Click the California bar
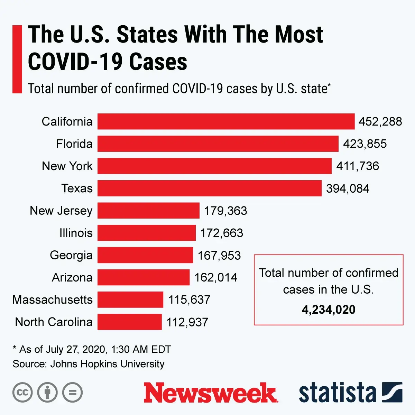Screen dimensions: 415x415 (226, 121)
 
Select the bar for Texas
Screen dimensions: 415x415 (209, 188)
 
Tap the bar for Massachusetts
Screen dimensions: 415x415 (130, 299)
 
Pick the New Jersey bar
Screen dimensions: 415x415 (148, 210)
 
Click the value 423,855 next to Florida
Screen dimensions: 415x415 (365, 144)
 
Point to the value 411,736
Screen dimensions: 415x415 (358, 166)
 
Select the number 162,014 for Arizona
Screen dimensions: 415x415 (215, 277)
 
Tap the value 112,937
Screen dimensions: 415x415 (187, 322)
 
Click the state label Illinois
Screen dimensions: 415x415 (76, 233)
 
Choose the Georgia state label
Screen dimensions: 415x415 (71, 255)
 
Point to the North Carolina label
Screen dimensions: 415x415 (54, 322)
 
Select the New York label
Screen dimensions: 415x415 (67, 166)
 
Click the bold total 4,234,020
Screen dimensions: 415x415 (329, 310)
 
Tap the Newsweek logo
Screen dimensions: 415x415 (210, 393)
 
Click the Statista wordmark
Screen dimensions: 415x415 (337, 393)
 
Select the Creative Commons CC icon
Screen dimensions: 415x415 (22, 393)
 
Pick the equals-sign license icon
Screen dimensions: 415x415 (73, 393)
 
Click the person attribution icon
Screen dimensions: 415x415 (47, 393)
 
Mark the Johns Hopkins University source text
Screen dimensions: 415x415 (107, 364)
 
